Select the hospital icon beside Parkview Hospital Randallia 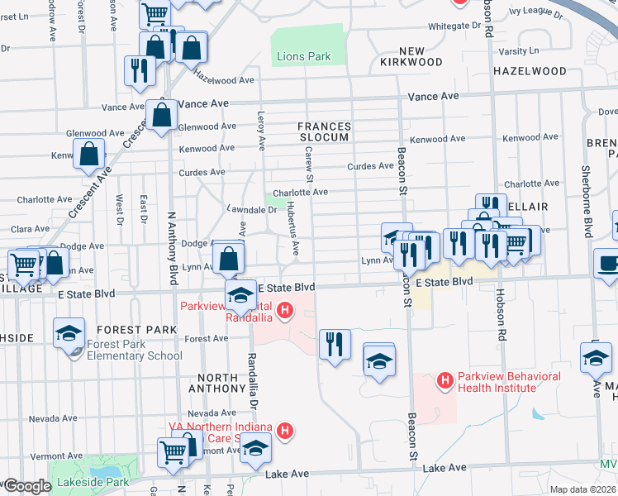click(285, 312)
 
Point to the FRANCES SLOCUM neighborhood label click(325, 131)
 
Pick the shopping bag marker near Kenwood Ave click(88, 154)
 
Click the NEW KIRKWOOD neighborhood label click(412, 56)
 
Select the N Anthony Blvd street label click(173, 249)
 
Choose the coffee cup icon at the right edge click(607, 263)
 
